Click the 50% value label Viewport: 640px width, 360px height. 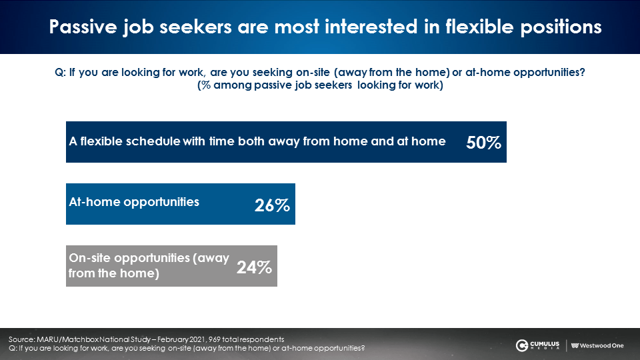pyautogui.click(x=484, y=143)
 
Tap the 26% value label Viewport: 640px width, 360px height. pyautogui.click(x=272, y=205)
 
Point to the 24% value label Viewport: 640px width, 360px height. pyautogui.click(x=254, y=267)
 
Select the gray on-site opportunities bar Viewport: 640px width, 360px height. pyautogui.click(x=171, y=266)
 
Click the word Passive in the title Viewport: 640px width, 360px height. pyautogui.click(x=83, y=27)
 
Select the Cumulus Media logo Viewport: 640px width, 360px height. pyautogui.click(x=537, y=345)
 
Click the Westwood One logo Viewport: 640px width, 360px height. pyautogui.click(x=597, y=346)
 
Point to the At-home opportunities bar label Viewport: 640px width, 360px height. pyautogui.click(x=134, y=202)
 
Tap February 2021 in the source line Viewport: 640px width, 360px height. pyautogui.click(x=181, y=339)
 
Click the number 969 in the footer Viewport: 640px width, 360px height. pyautogui.click(x=214, y=339)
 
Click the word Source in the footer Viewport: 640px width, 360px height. pyautogui.click(x=21, y=339)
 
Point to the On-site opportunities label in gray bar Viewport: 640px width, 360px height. pyautogui.click(x=149, y=266)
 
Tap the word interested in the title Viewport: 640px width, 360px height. pyautogui.click(x=371, y=27)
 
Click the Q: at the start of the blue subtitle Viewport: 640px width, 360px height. pyautogui.click(x=60, y=73)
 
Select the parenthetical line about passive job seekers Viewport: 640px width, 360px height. pyautogui.click(x=320, y=85)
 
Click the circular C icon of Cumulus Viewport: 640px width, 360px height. pyautogui.click(x=521, y=346)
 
